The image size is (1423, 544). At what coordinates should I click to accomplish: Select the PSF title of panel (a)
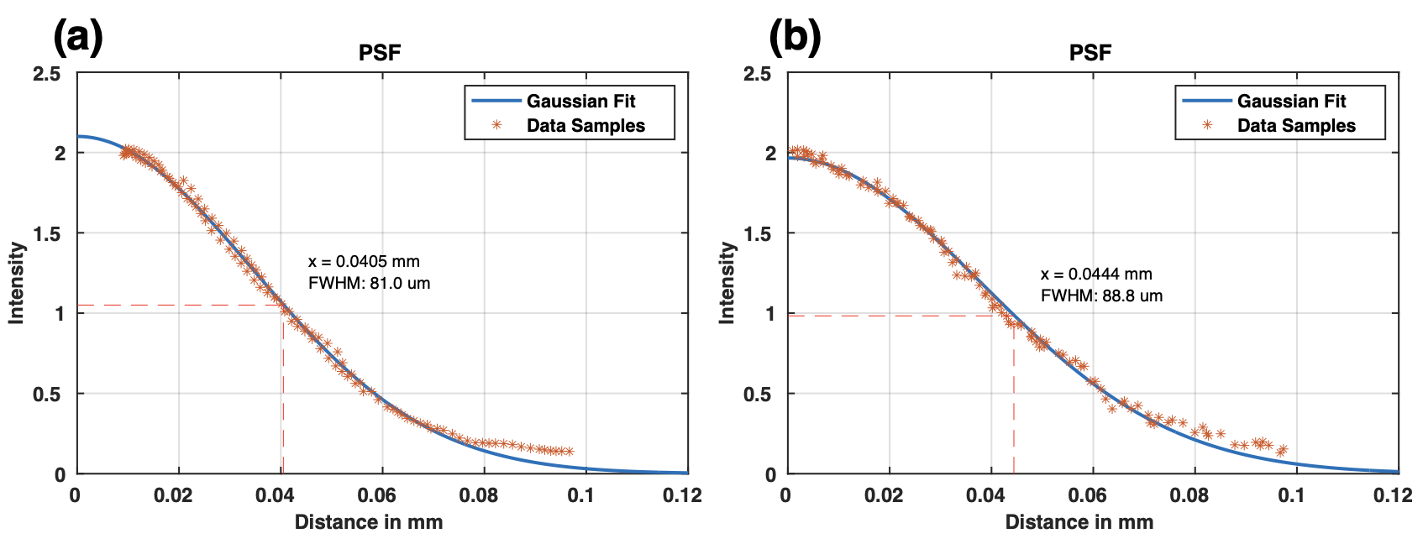[x=380, y=53]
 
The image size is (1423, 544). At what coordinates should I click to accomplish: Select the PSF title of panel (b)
[x=1090, y=53]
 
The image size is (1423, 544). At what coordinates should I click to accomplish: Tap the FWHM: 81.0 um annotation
[x=369, y=283]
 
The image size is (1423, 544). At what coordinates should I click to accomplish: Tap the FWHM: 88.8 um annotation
[x=1101, y=296]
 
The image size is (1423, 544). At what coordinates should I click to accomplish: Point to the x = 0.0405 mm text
[x=364, y=261]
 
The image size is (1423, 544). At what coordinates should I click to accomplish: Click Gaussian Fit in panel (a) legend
[x=580, y=101]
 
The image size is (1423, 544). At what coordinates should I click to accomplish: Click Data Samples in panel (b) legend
[x=1296, y=125]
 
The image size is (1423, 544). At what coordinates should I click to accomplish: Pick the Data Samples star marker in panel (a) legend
[x=496, y=125]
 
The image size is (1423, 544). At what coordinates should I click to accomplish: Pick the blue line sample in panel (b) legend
[x=1206, y=101]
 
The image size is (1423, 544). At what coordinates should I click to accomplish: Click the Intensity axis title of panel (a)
[x=16, y=283]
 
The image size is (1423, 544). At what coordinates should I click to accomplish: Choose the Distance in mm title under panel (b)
[x=1079, y=522]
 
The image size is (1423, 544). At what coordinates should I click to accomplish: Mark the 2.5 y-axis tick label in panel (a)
[x=47, y=74]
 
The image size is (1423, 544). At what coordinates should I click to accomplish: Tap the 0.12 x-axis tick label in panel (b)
[x=1392, y=495]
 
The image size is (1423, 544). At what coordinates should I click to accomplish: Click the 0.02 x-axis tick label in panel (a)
[x=172, y=495]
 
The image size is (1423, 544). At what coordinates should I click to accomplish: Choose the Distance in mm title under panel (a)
[x=368, y=522]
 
